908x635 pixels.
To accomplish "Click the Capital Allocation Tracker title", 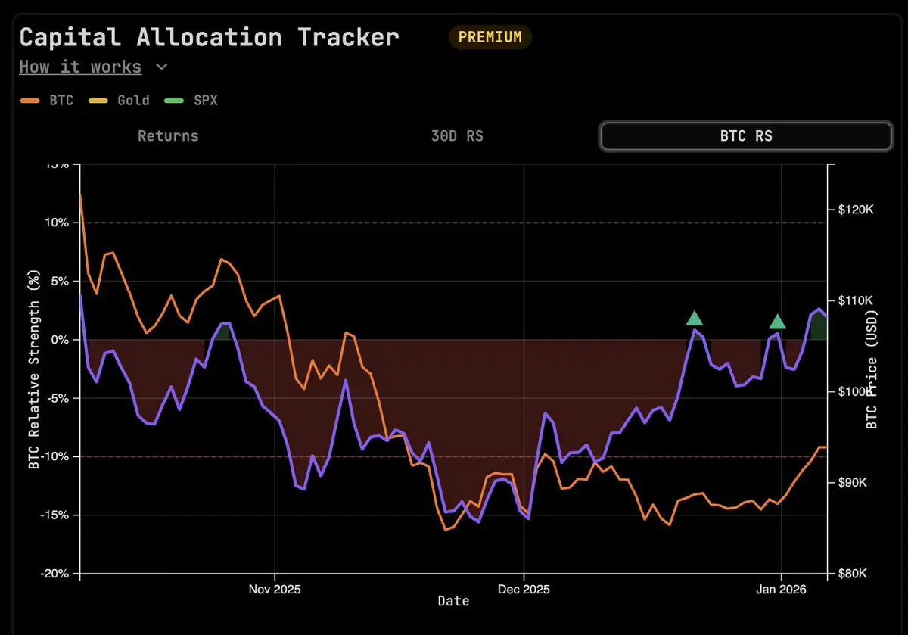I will [x=209, y=37].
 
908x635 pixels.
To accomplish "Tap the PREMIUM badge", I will [x=490, y=37].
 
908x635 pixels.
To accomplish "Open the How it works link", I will [x=80, y=67].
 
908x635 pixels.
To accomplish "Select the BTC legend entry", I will [x=53, y=100].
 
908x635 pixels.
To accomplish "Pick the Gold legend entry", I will [x=125, y=100].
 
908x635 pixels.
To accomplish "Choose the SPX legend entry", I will [x=193, y=100].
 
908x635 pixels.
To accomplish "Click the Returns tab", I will [x=168, y=136].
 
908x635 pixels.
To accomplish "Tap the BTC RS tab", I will [x=745, y=136].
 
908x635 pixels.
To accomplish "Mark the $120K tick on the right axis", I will [x=856, y=210].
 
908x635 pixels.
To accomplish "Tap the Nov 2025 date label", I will [x=275, y=588].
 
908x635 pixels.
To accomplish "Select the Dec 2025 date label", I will [x=523, y=588].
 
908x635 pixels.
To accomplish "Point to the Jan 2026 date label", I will [x=781, y=588].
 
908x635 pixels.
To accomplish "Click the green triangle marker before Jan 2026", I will [x=777, y=322].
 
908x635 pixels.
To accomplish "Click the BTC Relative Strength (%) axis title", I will [x=33, y=370].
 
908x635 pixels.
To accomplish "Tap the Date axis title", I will [x=453, y=602].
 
